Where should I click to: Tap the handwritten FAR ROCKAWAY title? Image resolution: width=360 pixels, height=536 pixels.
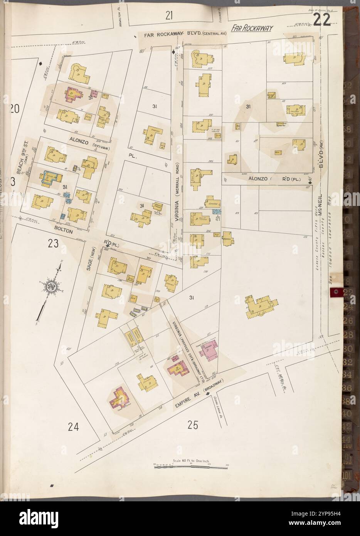[x=252, y=28]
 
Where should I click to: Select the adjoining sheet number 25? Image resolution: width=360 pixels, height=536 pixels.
[x=193, y=425]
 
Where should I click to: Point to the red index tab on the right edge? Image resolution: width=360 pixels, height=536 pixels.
[x=335, y=292]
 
